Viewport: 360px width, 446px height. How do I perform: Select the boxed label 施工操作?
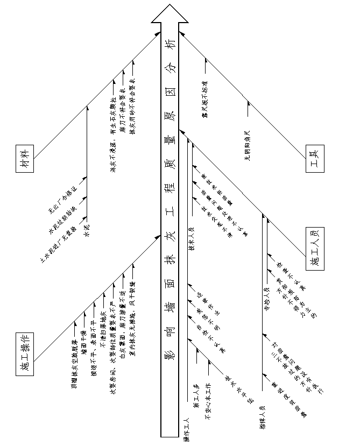coord(25,352)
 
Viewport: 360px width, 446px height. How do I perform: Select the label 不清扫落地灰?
coord(102,331)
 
